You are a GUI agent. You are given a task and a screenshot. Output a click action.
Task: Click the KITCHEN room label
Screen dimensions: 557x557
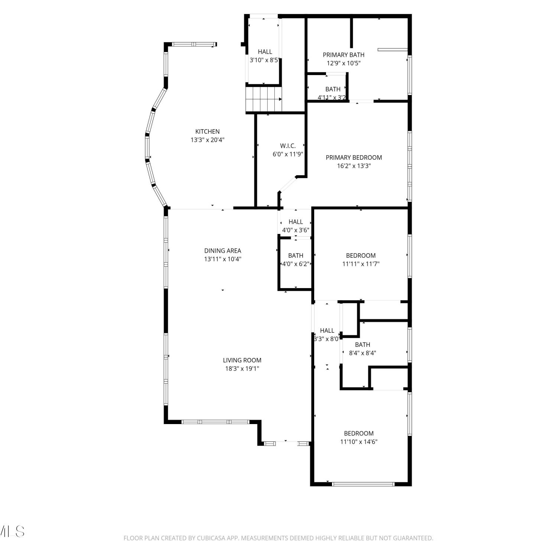pyautogui.click(x=208, y=131)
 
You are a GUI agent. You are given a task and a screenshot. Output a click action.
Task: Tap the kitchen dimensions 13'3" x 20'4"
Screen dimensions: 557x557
pyautogui.click(x=208, y=140)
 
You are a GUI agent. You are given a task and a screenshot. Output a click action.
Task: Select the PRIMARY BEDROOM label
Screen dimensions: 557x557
pyautogui.click(x=354, y=157)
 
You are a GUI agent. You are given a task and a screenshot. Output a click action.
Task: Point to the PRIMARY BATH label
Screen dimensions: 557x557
pyautogui.click(x=343, y=55)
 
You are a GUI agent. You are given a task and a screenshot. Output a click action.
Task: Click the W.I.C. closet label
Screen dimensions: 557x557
pyautogui.click(x=288, y=146)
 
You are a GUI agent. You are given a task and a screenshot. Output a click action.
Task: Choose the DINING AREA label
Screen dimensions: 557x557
pyautogui.click(x=223, y=251)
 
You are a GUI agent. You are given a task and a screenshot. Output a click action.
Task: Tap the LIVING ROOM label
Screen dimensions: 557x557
pyautogui.click(x=242, y=360)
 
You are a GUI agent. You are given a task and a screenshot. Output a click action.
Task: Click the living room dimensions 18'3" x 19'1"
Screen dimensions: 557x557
pyautogui.click(x=242, y=369)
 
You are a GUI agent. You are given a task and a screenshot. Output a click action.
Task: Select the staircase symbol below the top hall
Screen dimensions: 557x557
pyautogui.click(x=263, y=99)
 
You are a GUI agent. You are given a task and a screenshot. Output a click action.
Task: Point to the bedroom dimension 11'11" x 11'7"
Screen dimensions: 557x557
pyautogui.click(x=361, y=264)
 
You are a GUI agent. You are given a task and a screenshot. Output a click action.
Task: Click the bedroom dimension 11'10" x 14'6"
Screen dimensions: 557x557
pyautogui.click(x=359, y=442)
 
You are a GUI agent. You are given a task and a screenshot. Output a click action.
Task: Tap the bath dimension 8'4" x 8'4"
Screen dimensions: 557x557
pyautogui.click(x=362, y=353)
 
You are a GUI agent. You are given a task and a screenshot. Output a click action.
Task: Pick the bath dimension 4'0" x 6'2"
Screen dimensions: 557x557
pyautogui.click(x=296, y=264)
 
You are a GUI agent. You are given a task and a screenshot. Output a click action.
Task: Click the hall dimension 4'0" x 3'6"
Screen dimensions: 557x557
pyautogui.click(x=296, y=230)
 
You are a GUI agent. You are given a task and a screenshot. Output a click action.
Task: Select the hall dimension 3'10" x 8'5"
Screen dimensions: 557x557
pyautogui.click(x=264, y=60)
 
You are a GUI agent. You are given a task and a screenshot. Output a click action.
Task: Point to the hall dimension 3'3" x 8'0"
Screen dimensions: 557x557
pyautogui.click(x=327, y=339)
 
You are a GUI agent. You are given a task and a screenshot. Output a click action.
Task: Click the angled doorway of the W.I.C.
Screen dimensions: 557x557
pyautogui.click(x=288, y=185)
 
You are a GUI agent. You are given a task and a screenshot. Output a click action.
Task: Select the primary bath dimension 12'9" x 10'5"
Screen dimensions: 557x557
pyautogui.click(x=343, y=63)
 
